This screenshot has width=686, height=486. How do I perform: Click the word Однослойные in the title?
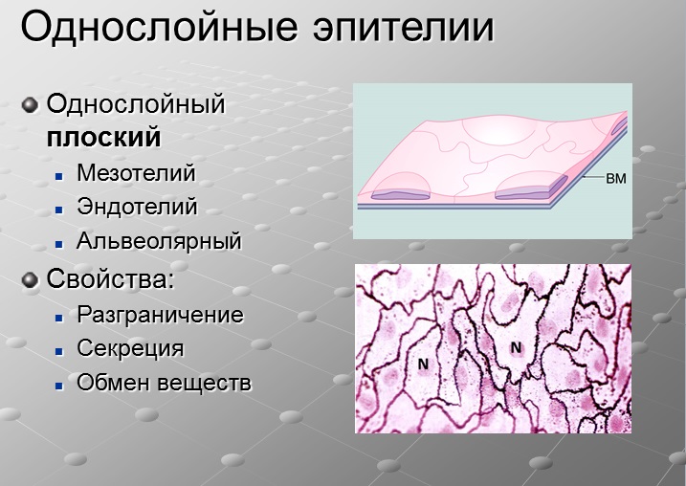[x=160, y=27]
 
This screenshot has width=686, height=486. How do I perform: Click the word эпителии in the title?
[x=404, y=28]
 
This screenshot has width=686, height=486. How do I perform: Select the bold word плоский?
[x=104, y=138]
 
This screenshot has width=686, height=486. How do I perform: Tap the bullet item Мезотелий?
[x=136, y=172]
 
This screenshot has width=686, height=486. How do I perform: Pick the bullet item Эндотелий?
[x=137, y=207]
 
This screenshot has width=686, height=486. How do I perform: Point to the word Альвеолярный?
[x=159, y=241]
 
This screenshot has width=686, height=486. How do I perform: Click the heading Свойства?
[x=110, y=278]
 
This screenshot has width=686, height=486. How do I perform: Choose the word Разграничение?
[x=160, y=315]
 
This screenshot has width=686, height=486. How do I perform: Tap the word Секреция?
[x=130, y=348]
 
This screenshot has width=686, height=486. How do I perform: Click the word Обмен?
[x=113, y=383]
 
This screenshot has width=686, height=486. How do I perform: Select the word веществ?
[x=205, y=384]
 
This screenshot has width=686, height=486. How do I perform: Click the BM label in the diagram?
[x=616, y=178]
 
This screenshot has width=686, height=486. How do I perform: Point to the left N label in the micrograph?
[x=423, y=364]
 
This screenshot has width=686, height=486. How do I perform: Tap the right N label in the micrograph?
[x=517, y=348]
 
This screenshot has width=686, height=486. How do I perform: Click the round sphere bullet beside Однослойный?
[x=31, y=105]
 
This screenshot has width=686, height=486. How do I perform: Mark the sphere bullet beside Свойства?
[x=31, y=280]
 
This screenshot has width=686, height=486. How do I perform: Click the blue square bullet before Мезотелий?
[x=59, y=176]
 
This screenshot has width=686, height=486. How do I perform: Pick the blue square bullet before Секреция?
[x=59, y=351]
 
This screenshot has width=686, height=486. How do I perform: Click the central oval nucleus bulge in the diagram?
[x=500, y=130]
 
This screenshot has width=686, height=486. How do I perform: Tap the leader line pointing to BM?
[x=593, y=178]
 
